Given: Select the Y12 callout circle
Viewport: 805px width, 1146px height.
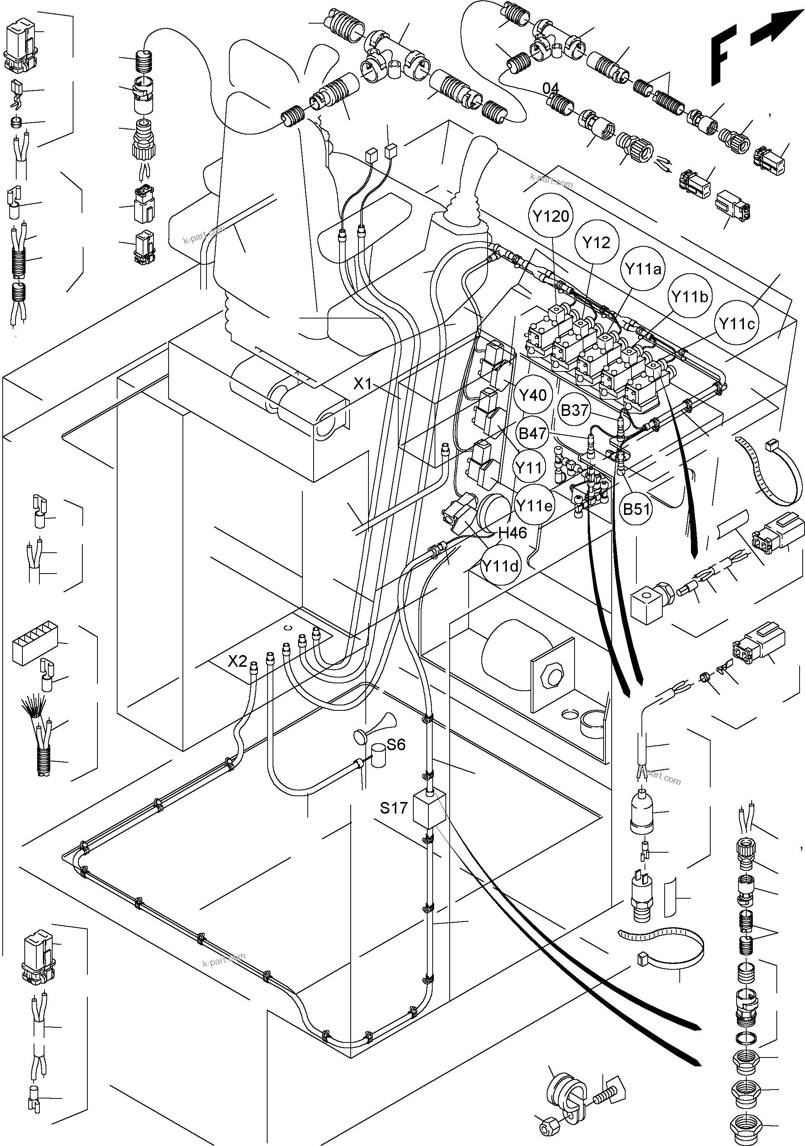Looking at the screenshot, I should click(x=596, y=243).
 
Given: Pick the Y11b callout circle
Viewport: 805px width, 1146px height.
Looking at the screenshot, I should click(x=689, y=297).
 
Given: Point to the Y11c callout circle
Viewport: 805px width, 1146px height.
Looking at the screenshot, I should click(x=737, y=324).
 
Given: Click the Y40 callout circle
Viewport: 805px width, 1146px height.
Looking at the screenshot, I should click(x=533, y=395).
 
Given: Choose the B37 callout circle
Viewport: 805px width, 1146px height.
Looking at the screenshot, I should click(x=574, y=410).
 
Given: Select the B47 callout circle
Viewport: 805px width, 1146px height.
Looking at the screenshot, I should click(x=532, y=433).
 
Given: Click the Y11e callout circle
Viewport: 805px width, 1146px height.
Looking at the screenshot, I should click(x=534, y=506).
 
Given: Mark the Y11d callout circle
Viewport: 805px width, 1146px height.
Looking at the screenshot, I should click(x=500, y=566).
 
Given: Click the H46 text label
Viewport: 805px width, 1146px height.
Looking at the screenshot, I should click(x=512, y=533).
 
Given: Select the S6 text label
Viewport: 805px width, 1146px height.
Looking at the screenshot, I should click(x=396, y=745).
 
